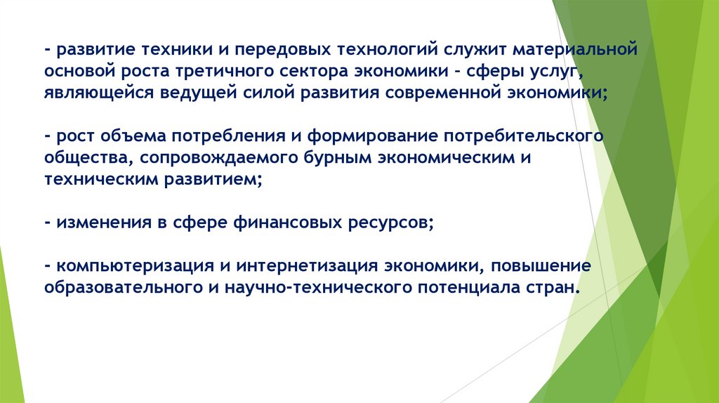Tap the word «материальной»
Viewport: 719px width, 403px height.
(x=575, y=51)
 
